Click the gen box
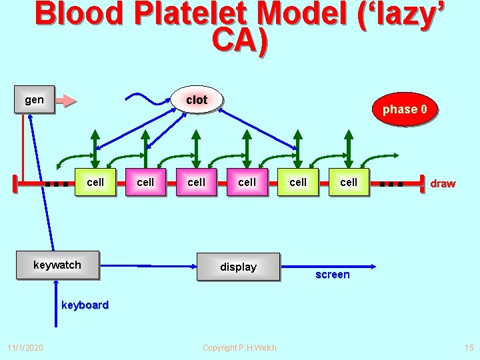(x=34, y=101)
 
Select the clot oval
(x=197, y=100)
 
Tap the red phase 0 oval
(x=409, y=109)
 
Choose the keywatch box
(x=57, y=265)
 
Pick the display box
(x=238, y=267)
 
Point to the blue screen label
(x=332, y=275)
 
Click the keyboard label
(x=85, y=305)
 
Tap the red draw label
(x=443, y=183)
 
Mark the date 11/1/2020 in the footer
(x=25, y=348)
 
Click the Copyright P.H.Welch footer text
(x=239, y=348)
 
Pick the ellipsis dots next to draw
(x=391, y=183)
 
